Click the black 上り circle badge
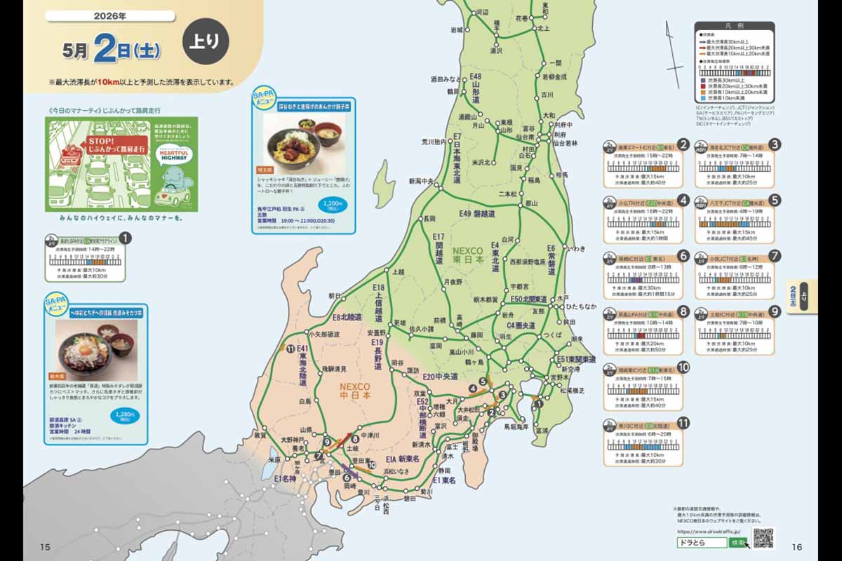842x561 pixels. tap(206, 41)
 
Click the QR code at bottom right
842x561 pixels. tap(763, 538)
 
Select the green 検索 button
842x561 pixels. tap(737, 543)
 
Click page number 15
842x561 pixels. tap(46, 547)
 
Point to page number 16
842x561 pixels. tap(796, 547)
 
